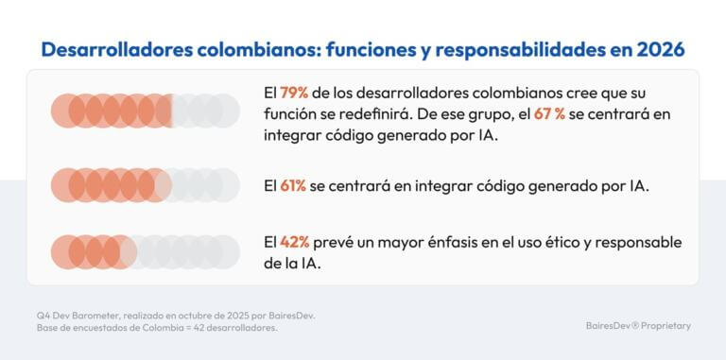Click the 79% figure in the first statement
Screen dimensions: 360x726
(295, 94)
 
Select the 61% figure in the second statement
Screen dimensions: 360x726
(293, 185)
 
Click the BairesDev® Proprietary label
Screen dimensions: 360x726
(638, 325)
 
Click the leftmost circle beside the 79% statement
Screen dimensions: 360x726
(66, 111)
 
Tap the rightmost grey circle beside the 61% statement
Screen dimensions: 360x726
(223, 185)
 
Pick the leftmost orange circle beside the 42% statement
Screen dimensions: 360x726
(66, 252)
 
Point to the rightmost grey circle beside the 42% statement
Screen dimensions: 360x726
(223, 252)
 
